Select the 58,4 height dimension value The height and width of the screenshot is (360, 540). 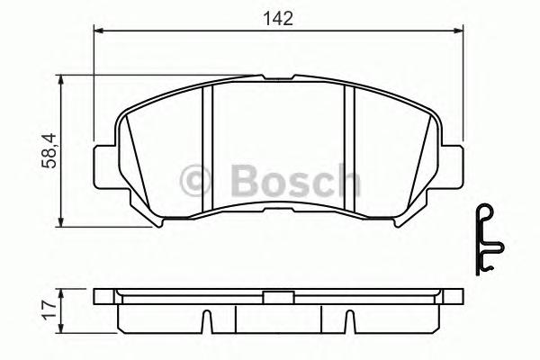click(47, 151)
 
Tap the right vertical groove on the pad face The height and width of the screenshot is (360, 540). click(350, 148)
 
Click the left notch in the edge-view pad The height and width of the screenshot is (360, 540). click(206, 319)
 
